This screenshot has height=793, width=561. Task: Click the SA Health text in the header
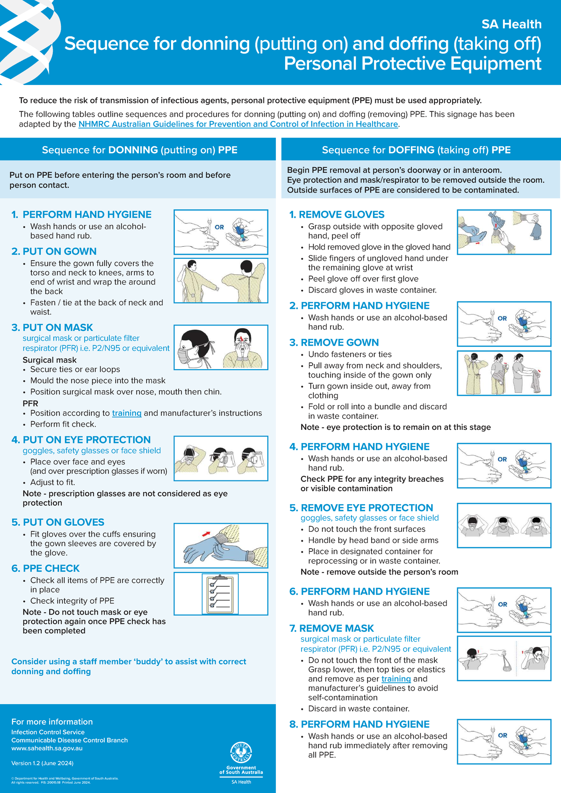pyautogui.click(x=511, y=24)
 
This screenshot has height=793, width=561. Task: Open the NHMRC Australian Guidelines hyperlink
pyautogui.click(x=238, y=124)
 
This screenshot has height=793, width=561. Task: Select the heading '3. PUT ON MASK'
pyautogui.click(x=52, y=328)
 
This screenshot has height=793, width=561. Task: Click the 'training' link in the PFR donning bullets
pyautogui.click(x=127, y=413)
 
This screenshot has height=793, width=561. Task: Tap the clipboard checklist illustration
pyautogui.click(x=220, y=593)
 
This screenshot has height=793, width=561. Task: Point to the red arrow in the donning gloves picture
pyautogui.click(x=206, y=533)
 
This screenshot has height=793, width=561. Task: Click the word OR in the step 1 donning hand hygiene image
pyautogui.click(x=219, y=227)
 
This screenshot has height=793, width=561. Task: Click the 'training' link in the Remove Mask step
pyautogui.click(x=396, y=679)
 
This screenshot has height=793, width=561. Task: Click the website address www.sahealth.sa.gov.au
pyautogui.click(x=47, y=748)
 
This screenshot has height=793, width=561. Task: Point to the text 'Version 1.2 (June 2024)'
pyautogui.click(x=43, y=763)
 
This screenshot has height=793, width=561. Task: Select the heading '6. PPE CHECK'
pyautogui.click(x=45, y=568)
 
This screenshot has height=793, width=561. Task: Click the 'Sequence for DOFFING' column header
pyautogui.click(x=416, y=150)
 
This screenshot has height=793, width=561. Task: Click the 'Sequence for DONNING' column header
pyautogui.click(x=139, y=150)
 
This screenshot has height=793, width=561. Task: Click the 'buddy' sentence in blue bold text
pyautogui.click(x=129, y=666)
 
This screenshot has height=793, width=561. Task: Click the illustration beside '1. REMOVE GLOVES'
pyautogui.click(x=504, y=232)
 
